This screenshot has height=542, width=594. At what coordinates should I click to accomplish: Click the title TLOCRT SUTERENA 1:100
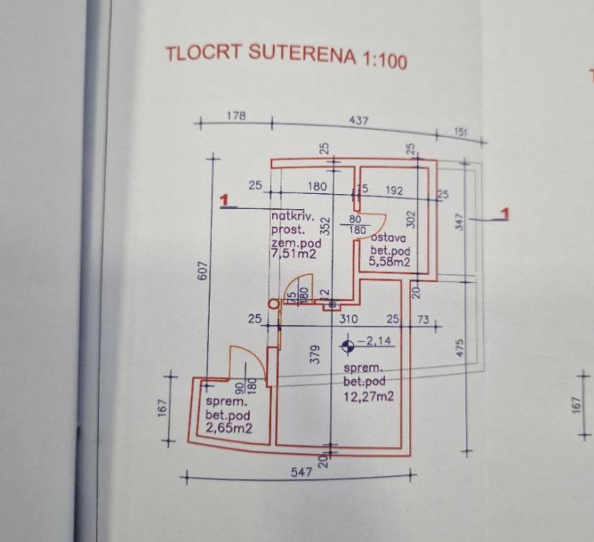coord(287,55)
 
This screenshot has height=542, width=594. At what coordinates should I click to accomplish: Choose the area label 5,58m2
coord(390,263)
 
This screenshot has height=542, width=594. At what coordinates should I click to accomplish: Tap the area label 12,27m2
coord(368,396)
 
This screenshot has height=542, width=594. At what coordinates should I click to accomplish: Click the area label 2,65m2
coord(229,428)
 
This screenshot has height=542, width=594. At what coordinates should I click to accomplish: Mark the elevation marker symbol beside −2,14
coord(347,345)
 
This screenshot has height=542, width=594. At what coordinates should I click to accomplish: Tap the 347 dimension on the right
coord(460,222)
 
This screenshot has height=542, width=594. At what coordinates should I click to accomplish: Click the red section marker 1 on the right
coord(505,213)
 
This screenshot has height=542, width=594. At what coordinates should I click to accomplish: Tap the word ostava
coord(388,238)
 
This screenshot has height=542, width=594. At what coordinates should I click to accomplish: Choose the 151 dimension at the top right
coord(461,132)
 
